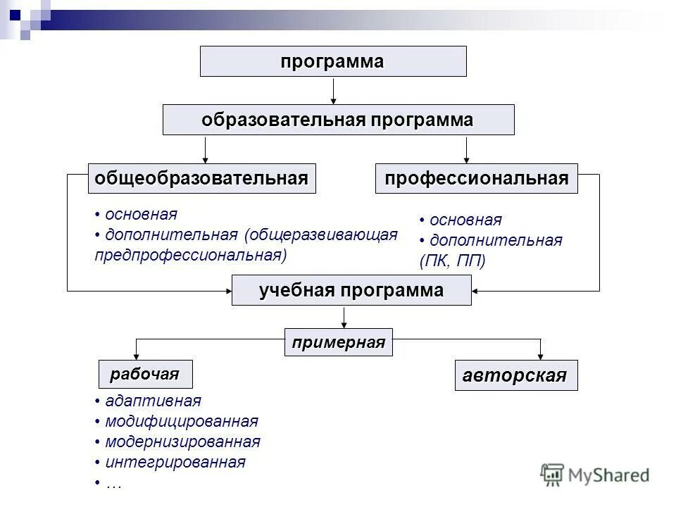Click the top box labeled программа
pyautogui.click(x=333, y=61)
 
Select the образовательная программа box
pyautogui.click(x=338, y=120)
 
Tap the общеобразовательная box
pyautogui.click(x=201, y=178)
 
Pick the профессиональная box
pyautogui.click(x=476, y=178)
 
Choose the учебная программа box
pyautogui.click(x=351, y=290)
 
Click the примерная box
pyautogui.click(x=339, y=343)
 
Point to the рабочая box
pyautogui.click(x=144, y=374)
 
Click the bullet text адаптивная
pyautogui.click(x=153, y=401)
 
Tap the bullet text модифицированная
pyautogui.click(x=181, y=421)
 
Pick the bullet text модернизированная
pyautogui.click(x=182, y=442)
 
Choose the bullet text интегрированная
pyautogui.click(x=175, y=462)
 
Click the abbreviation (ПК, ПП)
pyautogui.click(x=453, y=261)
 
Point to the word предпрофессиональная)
pyautogui.click(x=191, y=254)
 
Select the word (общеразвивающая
pyautogui.click(x=321, y=234)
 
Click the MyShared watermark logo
pyautogui.click(x=595, y=475)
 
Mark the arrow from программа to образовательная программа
pyautogui.click(x=333, y=90)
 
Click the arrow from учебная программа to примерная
pyautogui.click(x=344, y=317)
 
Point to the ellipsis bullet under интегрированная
pyautogui.click(x=113, y=483)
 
